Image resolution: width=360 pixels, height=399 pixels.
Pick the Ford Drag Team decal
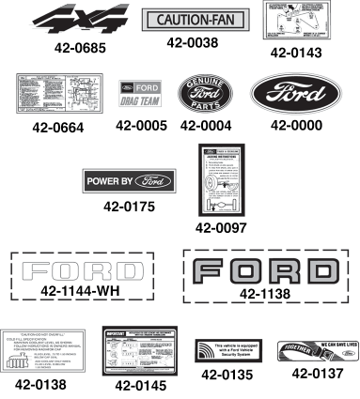(x=142, y=96)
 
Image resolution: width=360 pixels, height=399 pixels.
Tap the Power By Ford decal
(x=142, y=180)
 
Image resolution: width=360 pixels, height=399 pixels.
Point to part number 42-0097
(x=221, y=226)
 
